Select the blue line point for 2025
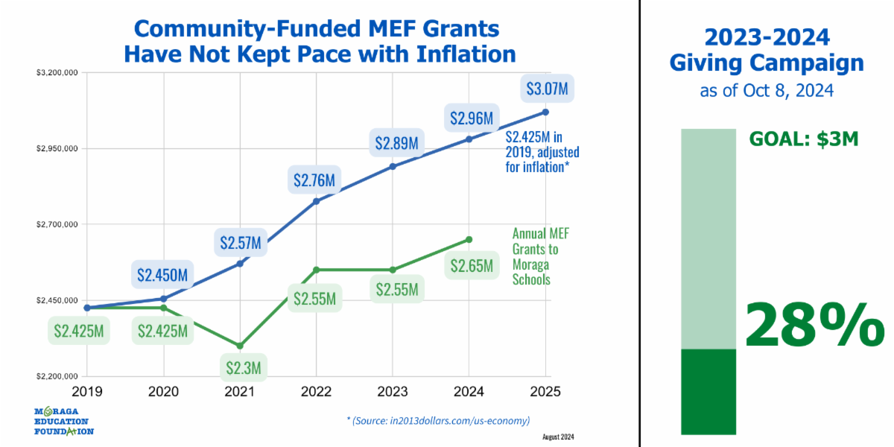coord(545,112)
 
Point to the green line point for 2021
coord(240,346)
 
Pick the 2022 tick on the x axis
coord(316,390)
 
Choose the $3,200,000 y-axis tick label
coord(59,73)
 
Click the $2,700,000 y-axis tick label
coord(59,224)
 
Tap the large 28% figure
coord(814,324)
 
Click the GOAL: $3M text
coord(804,139)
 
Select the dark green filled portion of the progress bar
coord(708,391)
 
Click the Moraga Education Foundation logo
coord(64,421)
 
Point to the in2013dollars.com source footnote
coord(438,421)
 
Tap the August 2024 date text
coord(558,437)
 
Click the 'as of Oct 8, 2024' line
coord(767,91)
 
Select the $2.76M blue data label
coord(314,180)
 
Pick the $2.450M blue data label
coord(163,274)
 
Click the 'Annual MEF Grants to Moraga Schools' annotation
coord(535,256)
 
